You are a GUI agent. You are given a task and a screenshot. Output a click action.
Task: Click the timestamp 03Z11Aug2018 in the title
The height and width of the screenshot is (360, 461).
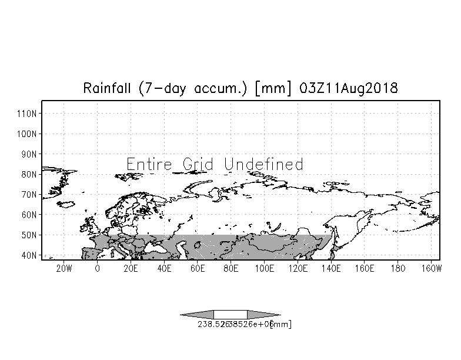(x=349, y=89)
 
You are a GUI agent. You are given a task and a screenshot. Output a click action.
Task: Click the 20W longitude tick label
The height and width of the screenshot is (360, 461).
(x=64, y=269)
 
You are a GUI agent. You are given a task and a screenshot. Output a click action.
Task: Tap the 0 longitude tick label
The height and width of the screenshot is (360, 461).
(x=97, y=269)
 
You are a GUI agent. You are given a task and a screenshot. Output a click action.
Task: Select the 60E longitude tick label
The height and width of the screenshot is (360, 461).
(x=198, y=269)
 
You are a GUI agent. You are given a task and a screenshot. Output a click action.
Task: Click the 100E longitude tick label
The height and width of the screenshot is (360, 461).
(x=265, y=269)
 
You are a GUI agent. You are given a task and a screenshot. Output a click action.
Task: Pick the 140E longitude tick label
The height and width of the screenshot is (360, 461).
(x=331, y=269)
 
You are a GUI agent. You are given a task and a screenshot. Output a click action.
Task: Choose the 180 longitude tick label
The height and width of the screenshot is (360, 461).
(x=398, y=269)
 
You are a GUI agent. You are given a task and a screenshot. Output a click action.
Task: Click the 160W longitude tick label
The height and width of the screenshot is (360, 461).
(x=432, y=269)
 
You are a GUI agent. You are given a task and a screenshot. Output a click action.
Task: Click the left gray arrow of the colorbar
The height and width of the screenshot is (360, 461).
(x=197, y=314)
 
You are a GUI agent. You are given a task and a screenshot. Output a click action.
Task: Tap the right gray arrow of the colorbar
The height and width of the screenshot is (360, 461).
(x=263, y=314)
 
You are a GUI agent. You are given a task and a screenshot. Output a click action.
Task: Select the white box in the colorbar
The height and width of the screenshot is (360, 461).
(x=230, y=314)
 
